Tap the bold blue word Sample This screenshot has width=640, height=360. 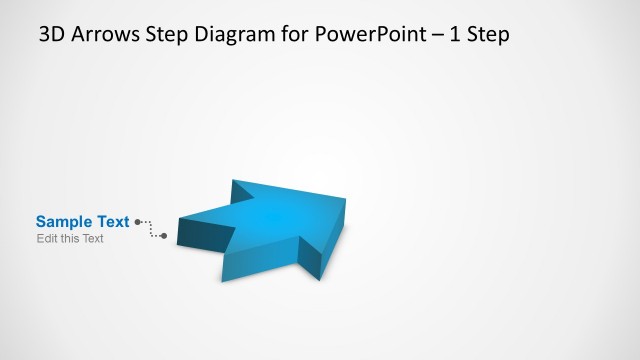(64, 222)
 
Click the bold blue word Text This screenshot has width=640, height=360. (112, 222)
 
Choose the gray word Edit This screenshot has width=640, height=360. (46, 239)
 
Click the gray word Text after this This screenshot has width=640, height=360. (93, 239)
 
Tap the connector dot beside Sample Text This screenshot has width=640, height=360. (137, 222)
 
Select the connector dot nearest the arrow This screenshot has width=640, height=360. (164, 236)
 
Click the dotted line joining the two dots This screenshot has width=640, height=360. (150, 229)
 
